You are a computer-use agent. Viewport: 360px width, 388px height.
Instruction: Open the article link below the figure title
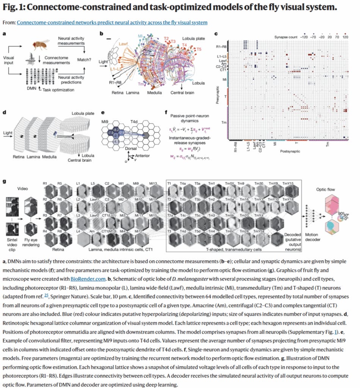[112, 23]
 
